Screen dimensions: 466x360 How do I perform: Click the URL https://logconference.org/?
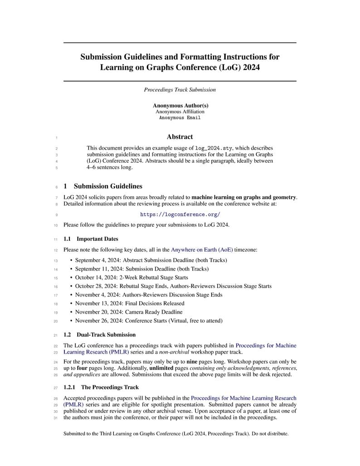click(x=180, y=214)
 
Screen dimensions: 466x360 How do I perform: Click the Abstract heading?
click(x=180, y=137)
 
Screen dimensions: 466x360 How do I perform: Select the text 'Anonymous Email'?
click(x=180, y=118)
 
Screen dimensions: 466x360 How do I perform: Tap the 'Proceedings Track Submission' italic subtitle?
click(x=180, y=90)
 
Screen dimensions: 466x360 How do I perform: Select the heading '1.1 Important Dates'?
click(x=91, y=239)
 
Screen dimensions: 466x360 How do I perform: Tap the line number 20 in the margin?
click(x=55, y=321)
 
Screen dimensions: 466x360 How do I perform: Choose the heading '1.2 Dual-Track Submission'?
click(x=99, y=335)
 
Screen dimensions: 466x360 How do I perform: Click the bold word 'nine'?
click(x=192, y=362)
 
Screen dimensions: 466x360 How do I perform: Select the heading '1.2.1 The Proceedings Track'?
click(x=101, y=387)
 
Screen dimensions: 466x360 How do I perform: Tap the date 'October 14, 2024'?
click(x=96, y=277)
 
